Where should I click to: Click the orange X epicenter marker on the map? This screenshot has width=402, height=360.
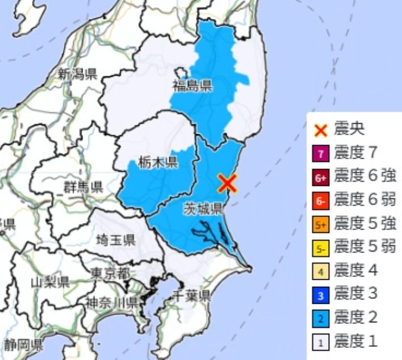point(227,184)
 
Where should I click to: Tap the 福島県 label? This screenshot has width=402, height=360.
point(193,85)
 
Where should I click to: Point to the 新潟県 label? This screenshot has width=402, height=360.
point(76,75)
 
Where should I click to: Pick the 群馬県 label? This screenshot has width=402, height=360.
point(83,188)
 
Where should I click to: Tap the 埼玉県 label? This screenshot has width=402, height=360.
point(116,239)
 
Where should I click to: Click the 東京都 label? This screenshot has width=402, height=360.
point(110,273)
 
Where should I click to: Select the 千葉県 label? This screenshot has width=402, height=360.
point(191,295)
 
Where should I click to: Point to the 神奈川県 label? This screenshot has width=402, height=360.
point(111,302)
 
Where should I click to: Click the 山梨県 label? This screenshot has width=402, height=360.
point(50,282)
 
